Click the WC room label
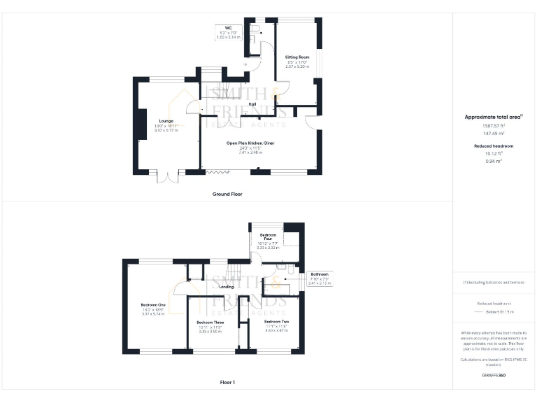click(228, 27)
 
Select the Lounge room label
click(166, 121)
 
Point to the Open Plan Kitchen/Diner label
click(250, 143)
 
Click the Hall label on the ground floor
click(252, 104)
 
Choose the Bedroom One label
click(153, 305)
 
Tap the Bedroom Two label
click(276, 321)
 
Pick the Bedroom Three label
click(210, 323)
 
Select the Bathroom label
click(319, 274)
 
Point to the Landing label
click(227, 287)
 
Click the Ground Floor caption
click(227, 193)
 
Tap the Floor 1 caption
click(227, 383)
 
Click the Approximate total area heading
click(494, 117)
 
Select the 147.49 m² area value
click(494, 132)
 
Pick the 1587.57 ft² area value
click(494, 125)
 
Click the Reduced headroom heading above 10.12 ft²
click(494, 146)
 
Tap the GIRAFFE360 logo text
click(494, 376)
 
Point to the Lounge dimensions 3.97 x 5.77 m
click(166, 130)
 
